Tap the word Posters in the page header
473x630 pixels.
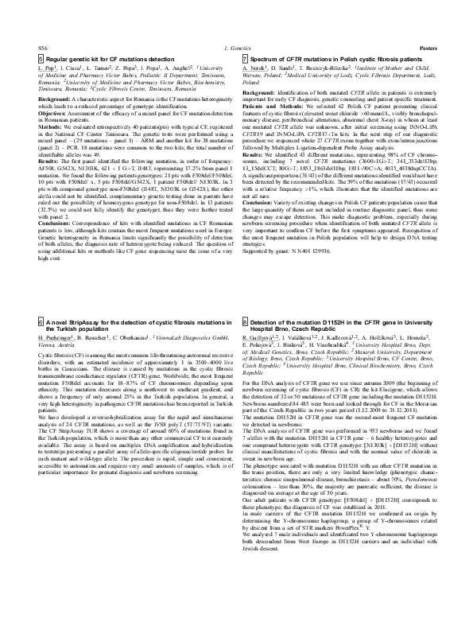point(427,49)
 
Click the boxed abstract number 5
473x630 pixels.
point(41,60)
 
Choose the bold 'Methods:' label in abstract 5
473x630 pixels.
point(50,126)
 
